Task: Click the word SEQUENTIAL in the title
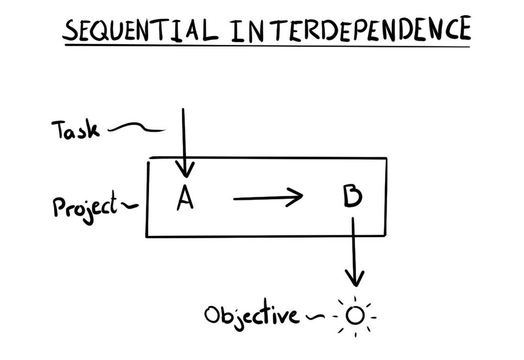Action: point(140,30)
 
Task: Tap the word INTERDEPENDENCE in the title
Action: point(351,29)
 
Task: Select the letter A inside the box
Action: point(185,197)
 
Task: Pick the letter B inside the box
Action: point(353,196)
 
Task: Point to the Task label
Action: point(76,130)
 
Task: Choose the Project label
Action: point(85,207)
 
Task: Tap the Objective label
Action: point(251,314)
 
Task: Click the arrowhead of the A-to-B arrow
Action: point(295,197)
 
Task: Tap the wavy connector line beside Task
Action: point(136,127)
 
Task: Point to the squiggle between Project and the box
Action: point(129,205)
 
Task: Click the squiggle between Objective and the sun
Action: point(314,316)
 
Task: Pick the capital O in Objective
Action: point(213,315)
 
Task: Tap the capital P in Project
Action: point(60,207)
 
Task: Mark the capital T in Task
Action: point(60,129)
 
